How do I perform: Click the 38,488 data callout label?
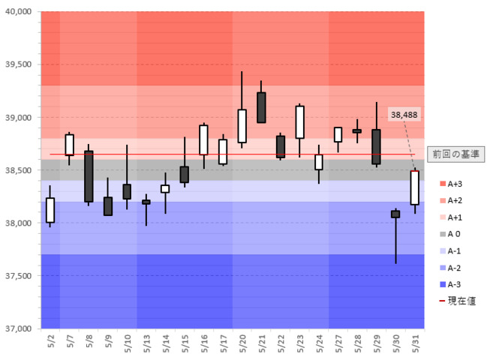click(x=404, y=114)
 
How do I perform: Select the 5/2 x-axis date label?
click(x=50, y=341)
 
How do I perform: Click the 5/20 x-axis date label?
click(x=242, y=343)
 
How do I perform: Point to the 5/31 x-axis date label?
click(x=414, y=343)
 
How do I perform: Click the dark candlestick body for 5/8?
click(x=89, y=176)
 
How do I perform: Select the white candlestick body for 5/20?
click(x=242, y=126)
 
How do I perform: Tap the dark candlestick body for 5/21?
click(x=261, y=107)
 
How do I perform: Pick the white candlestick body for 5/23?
click(x=299, y=121)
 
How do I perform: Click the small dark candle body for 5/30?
click(x=395, y=214)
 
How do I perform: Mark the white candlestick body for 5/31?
click(x=414, y=187)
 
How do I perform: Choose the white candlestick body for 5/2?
click(x=50, y=209)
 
